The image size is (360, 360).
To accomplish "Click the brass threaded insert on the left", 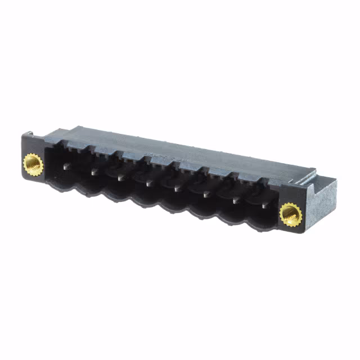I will pyautogui.click(x=33, y=165).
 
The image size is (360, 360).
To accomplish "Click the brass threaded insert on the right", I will pyautogui.click(x=290, y=214).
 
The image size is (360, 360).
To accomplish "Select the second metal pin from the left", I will pyautogui.click(x=95, y=172).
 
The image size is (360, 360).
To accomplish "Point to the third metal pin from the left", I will pyautogui.click(x=121, y=177).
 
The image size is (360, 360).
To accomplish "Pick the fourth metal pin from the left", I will pyautogui.click(x=150, y=183).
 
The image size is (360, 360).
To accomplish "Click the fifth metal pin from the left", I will pyautogui.click(x=177, y=188).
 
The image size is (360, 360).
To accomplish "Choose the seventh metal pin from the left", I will pyautogui.click(x=235, y=200).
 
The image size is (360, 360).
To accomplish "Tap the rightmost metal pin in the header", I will pyautogui.click(x=263, y=205).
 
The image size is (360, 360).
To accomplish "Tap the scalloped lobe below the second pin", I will pyautogui.click(x=90, y=191).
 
